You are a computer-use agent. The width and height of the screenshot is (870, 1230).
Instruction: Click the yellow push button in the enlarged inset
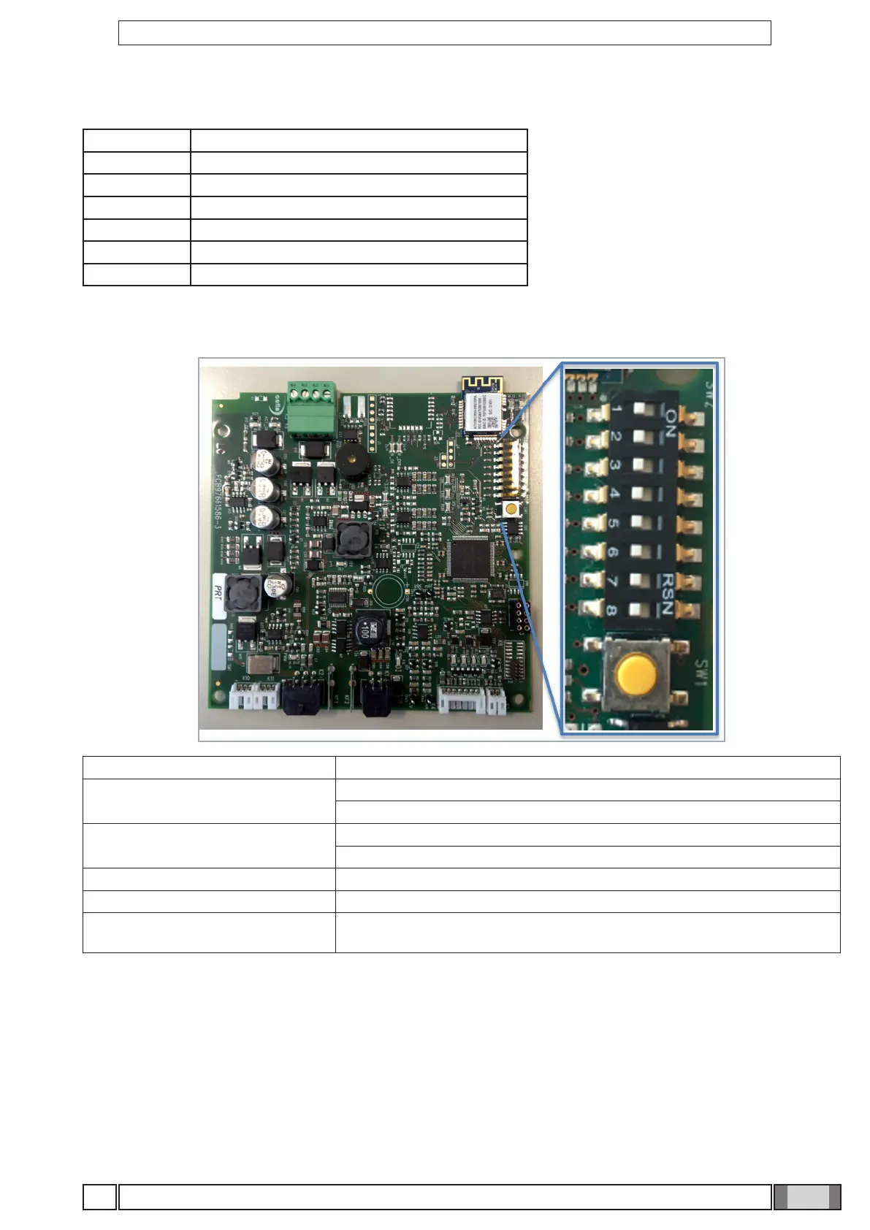point(636,673)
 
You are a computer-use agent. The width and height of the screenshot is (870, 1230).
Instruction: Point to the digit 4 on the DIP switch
point(614,493)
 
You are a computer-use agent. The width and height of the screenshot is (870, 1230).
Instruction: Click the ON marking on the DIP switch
point(668,421)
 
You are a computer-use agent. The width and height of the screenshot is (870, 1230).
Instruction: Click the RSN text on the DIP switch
point(666,593)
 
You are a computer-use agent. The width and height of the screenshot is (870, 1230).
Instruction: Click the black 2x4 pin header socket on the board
point(521,617)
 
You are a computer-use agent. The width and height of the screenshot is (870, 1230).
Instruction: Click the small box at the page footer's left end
point(99,1196)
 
